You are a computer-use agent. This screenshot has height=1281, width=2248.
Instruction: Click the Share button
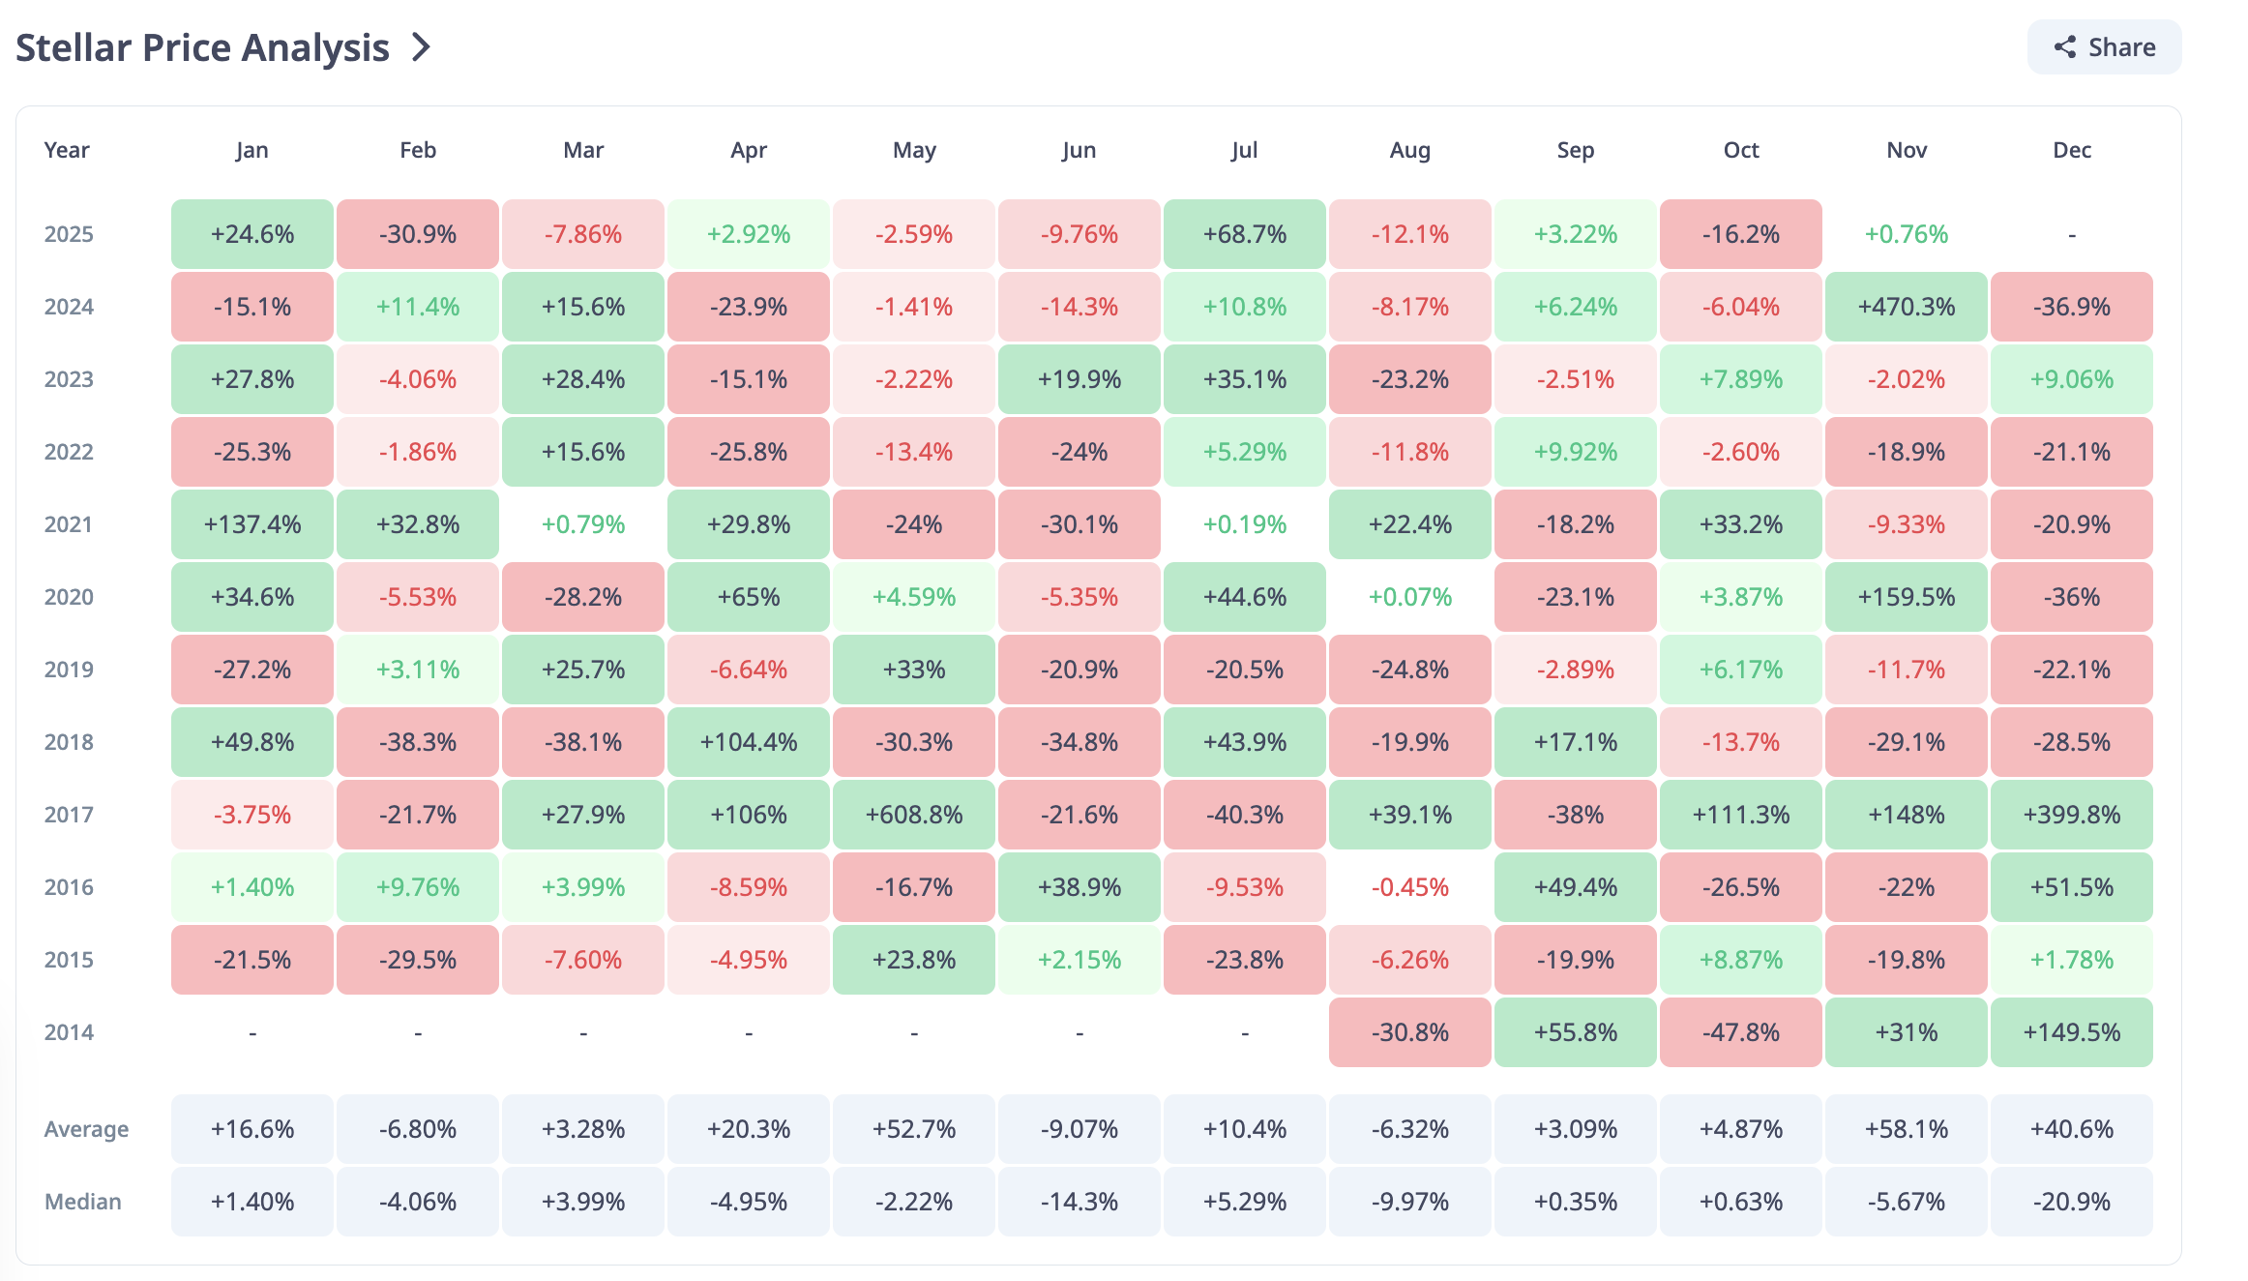point(2104,47)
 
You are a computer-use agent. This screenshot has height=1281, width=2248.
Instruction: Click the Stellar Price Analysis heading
point(202,47)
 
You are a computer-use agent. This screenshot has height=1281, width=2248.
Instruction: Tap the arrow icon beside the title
point(421,47)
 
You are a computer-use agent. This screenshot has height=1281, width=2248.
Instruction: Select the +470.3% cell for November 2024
point(1906,307)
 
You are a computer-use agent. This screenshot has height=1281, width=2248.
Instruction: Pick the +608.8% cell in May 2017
point(913,815)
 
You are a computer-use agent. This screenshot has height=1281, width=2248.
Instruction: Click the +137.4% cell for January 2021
point(251,524)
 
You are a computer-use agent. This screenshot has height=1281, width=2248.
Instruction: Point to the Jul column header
point(1244,150)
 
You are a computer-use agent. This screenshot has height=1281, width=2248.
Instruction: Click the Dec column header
point(2071,150)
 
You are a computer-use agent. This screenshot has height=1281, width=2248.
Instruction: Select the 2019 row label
point(69,670)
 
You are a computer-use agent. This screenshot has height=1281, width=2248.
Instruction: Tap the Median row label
point(83,1202)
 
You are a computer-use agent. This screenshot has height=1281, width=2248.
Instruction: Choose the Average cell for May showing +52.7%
point(913,1129)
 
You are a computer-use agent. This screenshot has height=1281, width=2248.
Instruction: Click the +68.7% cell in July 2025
point(1244,234)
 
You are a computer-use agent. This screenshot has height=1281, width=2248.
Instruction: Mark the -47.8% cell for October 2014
point(1740,1032)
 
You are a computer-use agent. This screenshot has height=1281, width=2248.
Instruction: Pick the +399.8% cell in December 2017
point(2071,815)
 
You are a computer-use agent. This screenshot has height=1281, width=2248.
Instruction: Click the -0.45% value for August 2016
point(1409,887)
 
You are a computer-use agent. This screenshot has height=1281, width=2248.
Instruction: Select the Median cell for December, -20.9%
point(2071,1202)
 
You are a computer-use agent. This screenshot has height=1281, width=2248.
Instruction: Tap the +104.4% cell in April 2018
point(748,742)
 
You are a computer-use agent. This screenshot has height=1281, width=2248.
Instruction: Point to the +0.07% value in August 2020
point(1409,597)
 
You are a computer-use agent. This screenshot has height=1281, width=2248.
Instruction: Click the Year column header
point(67,150)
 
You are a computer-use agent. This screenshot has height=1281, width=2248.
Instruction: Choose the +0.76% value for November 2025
point(1906,234)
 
